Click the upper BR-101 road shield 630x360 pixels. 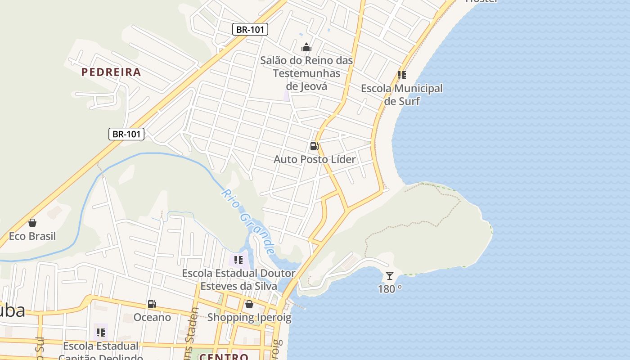pos(251,30)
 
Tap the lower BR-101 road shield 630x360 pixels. pos(126,134)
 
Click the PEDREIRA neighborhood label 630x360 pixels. pos(111,72)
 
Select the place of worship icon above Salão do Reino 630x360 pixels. pos(306,47)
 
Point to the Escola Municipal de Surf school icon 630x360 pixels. pos(401,75)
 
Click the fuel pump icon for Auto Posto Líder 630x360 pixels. pos(314,146)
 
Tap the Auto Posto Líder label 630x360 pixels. pos(315,159)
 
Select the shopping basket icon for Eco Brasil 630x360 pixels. pos(32,223)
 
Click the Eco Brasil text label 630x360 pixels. pos(32,236)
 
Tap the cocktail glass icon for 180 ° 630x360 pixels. pos(390,275)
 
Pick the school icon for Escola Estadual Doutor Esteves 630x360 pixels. pos(238,260)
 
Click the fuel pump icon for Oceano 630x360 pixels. pos(152,304)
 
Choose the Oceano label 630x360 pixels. pos(152,317)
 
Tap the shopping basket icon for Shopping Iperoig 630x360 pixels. pos(249,304)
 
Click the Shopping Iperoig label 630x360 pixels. pos(249,317)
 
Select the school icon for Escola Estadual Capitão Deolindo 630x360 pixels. pos(100,333)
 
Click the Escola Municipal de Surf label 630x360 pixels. pos(402,94)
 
